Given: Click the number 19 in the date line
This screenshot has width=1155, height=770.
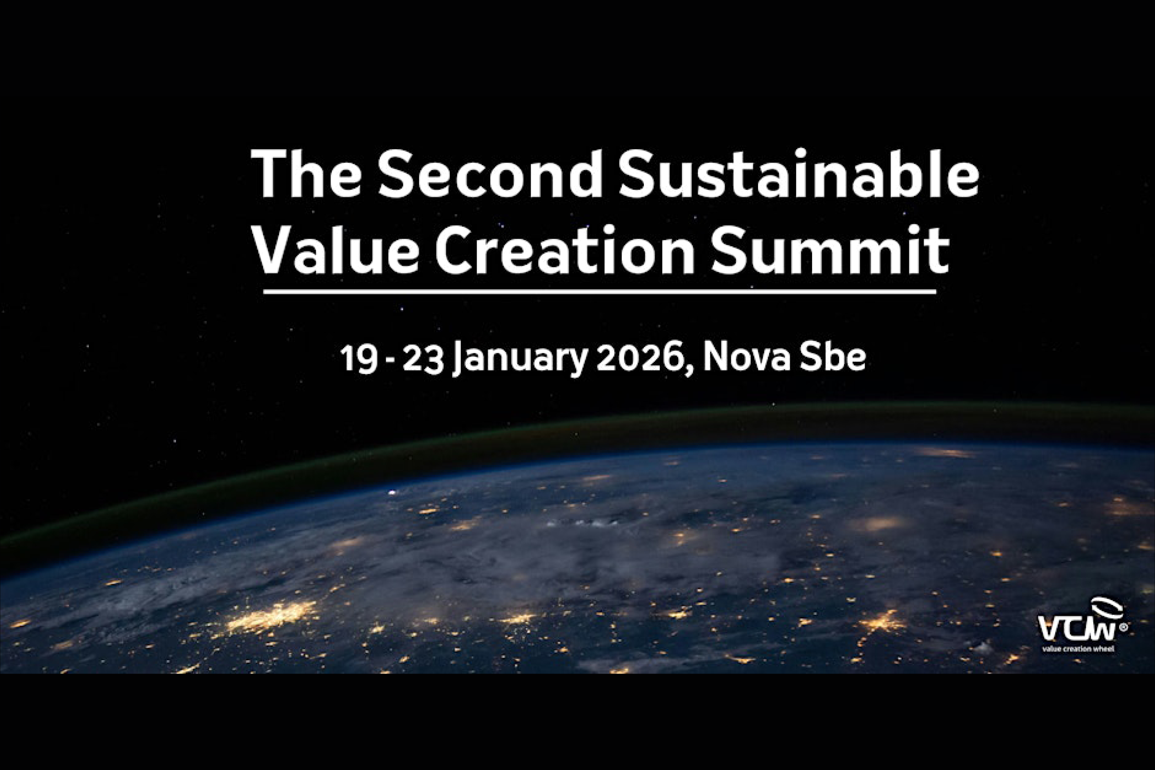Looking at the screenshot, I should coord(359,359).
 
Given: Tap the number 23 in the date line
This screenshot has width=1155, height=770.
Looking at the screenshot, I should coord(424,359).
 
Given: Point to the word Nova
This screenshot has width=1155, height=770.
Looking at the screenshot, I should coord(748,359).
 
